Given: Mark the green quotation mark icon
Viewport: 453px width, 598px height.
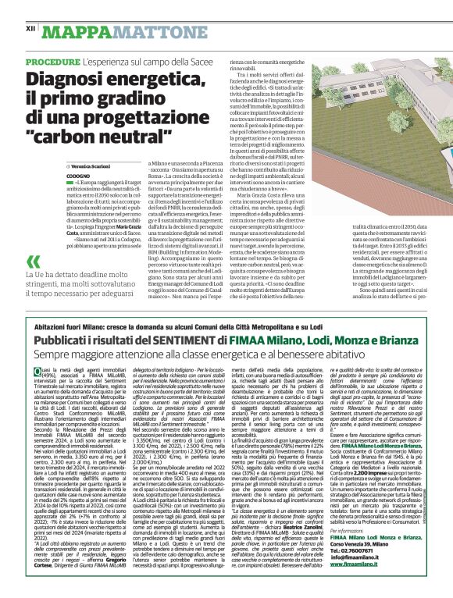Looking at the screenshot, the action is (32, 240).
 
